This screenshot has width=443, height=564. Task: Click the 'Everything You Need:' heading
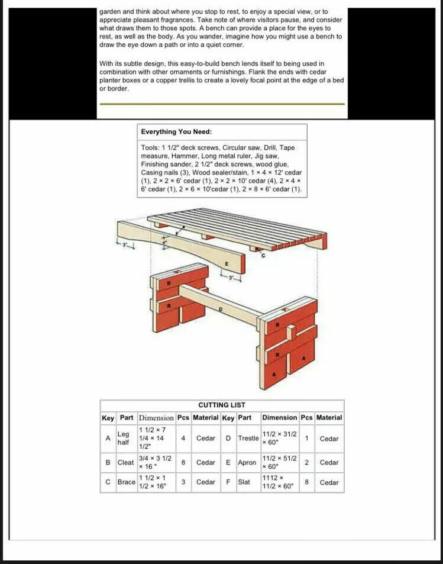click(176, 131)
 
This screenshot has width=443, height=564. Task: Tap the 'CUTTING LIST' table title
click(222, 405)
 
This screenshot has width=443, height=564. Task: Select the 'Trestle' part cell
click(248, 439)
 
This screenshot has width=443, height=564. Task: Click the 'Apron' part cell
click(247, 462)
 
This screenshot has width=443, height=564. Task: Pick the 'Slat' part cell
click(244, 482)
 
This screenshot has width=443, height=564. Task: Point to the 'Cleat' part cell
click(125, 462)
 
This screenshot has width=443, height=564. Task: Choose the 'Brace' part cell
click(126, 482)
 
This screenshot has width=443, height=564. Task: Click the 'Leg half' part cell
click(124, 439)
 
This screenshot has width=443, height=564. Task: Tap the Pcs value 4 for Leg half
click(183, 439)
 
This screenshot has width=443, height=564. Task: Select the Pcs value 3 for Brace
click(183, 482)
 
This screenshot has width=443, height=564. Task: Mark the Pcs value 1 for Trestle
click(307, 439)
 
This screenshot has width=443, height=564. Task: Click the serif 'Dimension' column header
click(156, 418)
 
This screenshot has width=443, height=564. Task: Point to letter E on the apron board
click(226, 263)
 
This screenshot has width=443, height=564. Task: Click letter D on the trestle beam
click(221, 309)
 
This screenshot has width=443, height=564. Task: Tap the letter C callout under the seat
click(264, 256)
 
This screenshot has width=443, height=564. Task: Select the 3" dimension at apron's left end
click(125, 244)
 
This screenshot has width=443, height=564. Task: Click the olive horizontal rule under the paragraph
click(222, 104)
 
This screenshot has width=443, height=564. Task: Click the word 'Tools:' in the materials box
click(150, 147)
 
